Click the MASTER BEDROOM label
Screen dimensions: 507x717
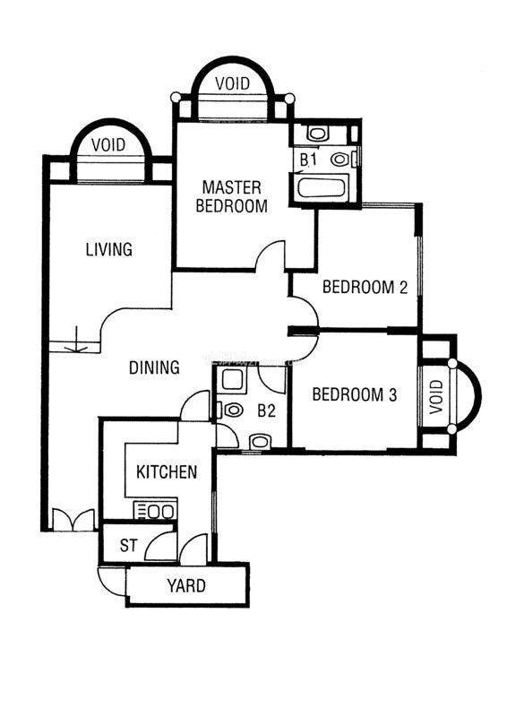232,196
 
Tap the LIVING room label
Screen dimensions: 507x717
109,250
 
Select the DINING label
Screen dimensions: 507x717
154,367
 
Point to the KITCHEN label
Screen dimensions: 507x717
167,472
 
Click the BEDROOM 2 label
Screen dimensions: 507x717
365,287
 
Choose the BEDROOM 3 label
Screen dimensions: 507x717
355,394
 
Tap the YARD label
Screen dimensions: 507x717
186,586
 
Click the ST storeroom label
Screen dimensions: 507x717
128,545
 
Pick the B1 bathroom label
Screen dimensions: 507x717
308,160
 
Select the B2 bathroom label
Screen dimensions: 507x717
267,410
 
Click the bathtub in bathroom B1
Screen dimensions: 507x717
321,188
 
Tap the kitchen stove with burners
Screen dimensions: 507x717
155,511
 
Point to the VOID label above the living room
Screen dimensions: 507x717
108,145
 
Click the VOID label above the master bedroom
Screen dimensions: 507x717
233,83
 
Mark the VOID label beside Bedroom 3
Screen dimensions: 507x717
436,396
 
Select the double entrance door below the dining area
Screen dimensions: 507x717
73,520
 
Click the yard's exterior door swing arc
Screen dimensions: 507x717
111,582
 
